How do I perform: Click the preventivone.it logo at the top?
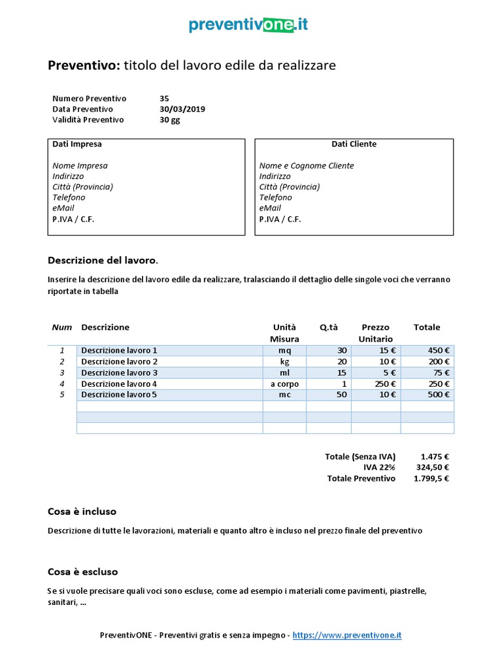[248, 25]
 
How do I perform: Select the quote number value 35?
[164, 99]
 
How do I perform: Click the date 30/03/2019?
[182, 109]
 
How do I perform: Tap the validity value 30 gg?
[169, 120]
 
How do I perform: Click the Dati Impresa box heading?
[77, 144]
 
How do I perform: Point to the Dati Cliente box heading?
[354, 144]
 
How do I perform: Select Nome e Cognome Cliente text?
[307, 166]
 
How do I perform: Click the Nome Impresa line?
[80, 166]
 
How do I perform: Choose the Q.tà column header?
[329, 327]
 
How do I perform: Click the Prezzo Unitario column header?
[375, 333]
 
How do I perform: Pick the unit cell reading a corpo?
[284, 383]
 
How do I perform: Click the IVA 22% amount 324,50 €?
[433, 467]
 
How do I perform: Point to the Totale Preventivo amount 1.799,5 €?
[431, 478]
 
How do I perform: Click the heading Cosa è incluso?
[82, 511]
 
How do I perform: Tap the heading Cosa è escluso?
[83, 572]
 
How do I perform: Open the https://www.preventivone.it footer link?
[346, 635]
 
